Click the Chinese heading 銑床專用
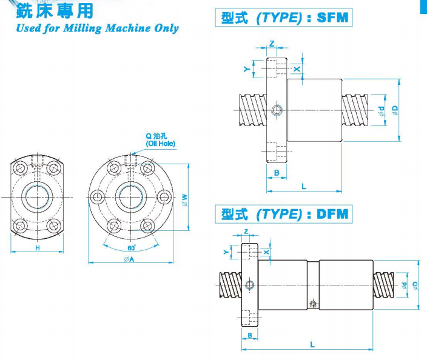[55, 11]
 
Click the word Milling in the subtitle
[80, 28]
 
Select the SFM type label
[333, 18]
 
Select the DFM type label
[333, 214]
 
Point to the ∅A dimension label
[129, 259]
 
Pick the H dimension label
[37, 249]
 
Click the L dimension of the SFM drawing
[304, 187]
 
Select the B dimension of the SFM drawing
[277, 173]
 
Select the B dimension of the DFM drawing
[249, 335]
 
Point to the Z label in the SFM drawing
[271, 44]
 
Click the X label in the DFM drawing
[266, 251]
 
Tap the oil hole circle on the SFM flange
[277, 110]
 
